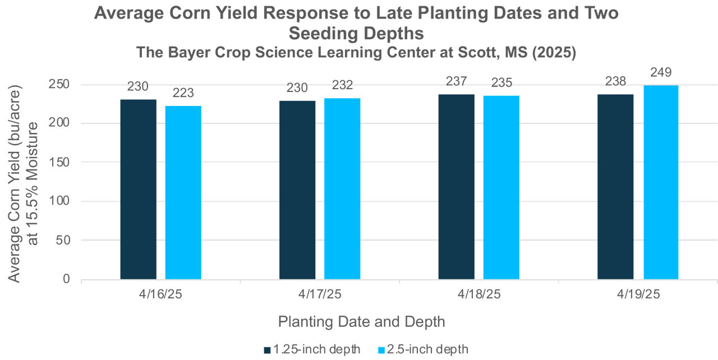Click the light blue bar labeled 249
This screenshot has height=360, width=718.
tap(661, 182)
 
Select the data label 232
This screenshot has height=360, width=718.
tap(342, 85)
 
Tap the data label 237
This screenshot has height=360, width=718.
tap(456, 81)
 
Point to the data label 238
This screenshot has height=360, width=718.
tap(615, 81)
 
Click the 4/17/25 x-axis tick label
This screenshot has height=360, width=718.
tap(320, 294)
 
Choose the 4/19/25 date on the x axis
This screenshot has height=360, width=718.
tap(638, 294)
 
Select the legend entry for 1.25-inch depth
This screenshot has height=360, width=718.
tap(312, 349)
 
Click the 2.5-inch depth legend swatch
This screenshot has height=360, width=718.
tap(381, 349)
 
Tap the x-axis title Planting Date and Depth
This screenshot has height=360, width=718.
tap(361, 322)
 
